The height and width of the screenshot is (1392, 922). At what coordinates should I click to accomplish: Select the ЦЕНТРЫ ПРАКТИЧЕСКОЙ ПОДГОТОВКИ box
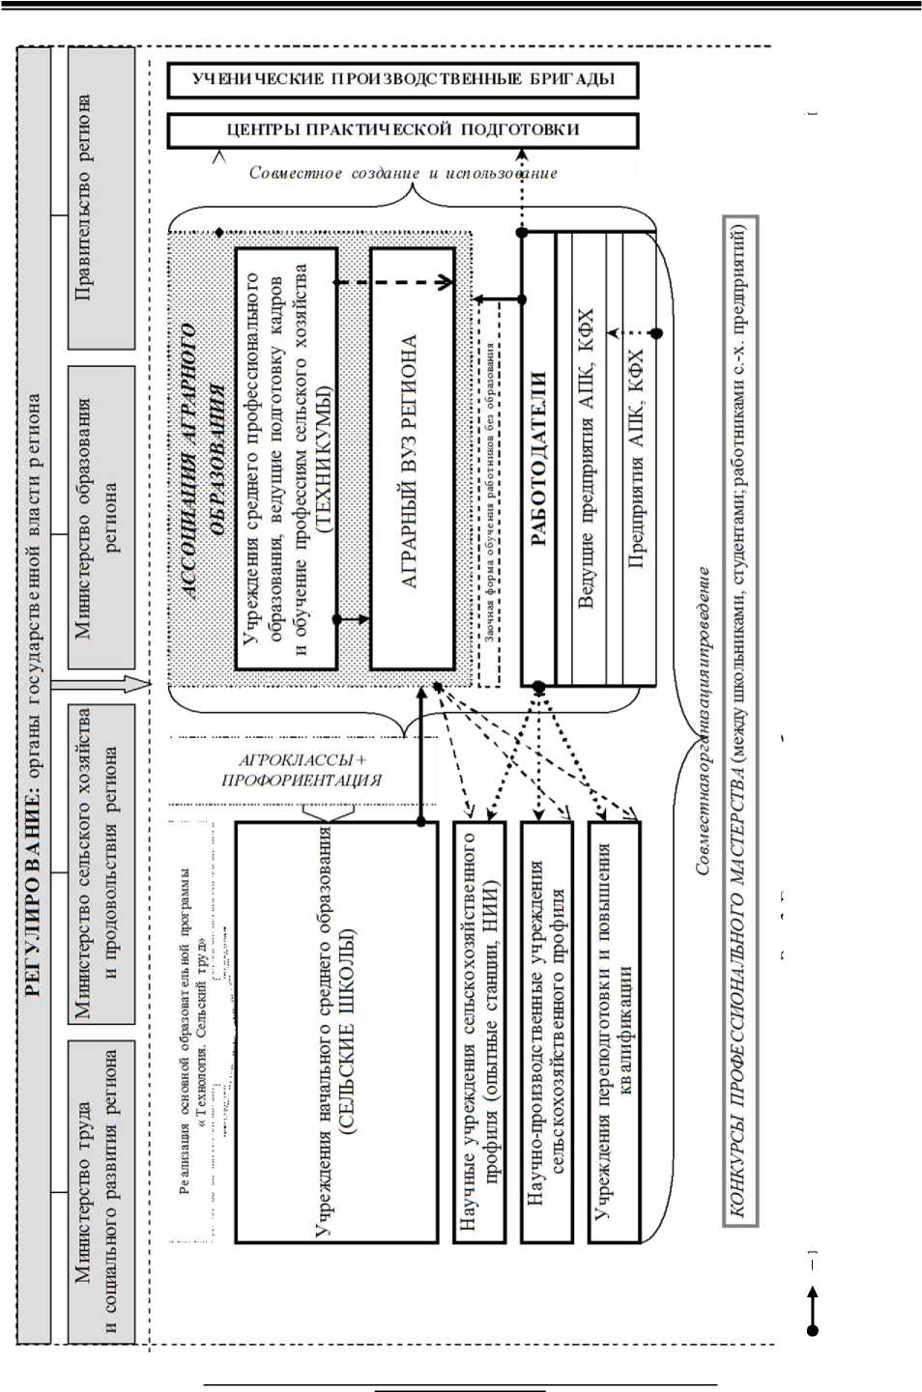coord(403,130)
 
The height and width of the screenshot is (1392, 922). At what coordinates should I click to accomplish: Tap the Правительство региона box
coord(101,198)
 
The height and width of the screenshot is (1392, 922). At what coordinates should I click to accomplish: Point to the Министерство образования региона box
coord(101,517)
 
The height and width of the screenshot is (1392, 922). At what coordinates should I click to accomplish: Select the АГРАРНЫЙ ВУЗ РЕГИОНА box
coord(412,459)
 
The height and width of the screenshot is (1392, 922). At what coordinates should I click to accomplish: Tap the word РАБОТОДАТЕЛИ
coord(538,459)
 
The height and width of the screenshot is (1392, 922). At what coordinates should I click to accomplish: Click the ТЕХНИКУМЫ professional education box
coord(287,459)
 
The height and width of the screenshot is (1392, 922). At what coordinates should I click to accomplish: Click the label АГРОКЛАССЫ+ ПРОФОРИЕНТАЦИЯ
coord(302,770)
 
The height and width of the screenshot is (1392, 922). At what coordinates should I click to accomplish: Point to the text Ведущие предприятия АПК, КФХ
coord(586,459)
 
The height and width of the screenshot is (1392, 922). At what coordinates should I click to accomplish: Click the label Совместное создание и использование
coord(403,173)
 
